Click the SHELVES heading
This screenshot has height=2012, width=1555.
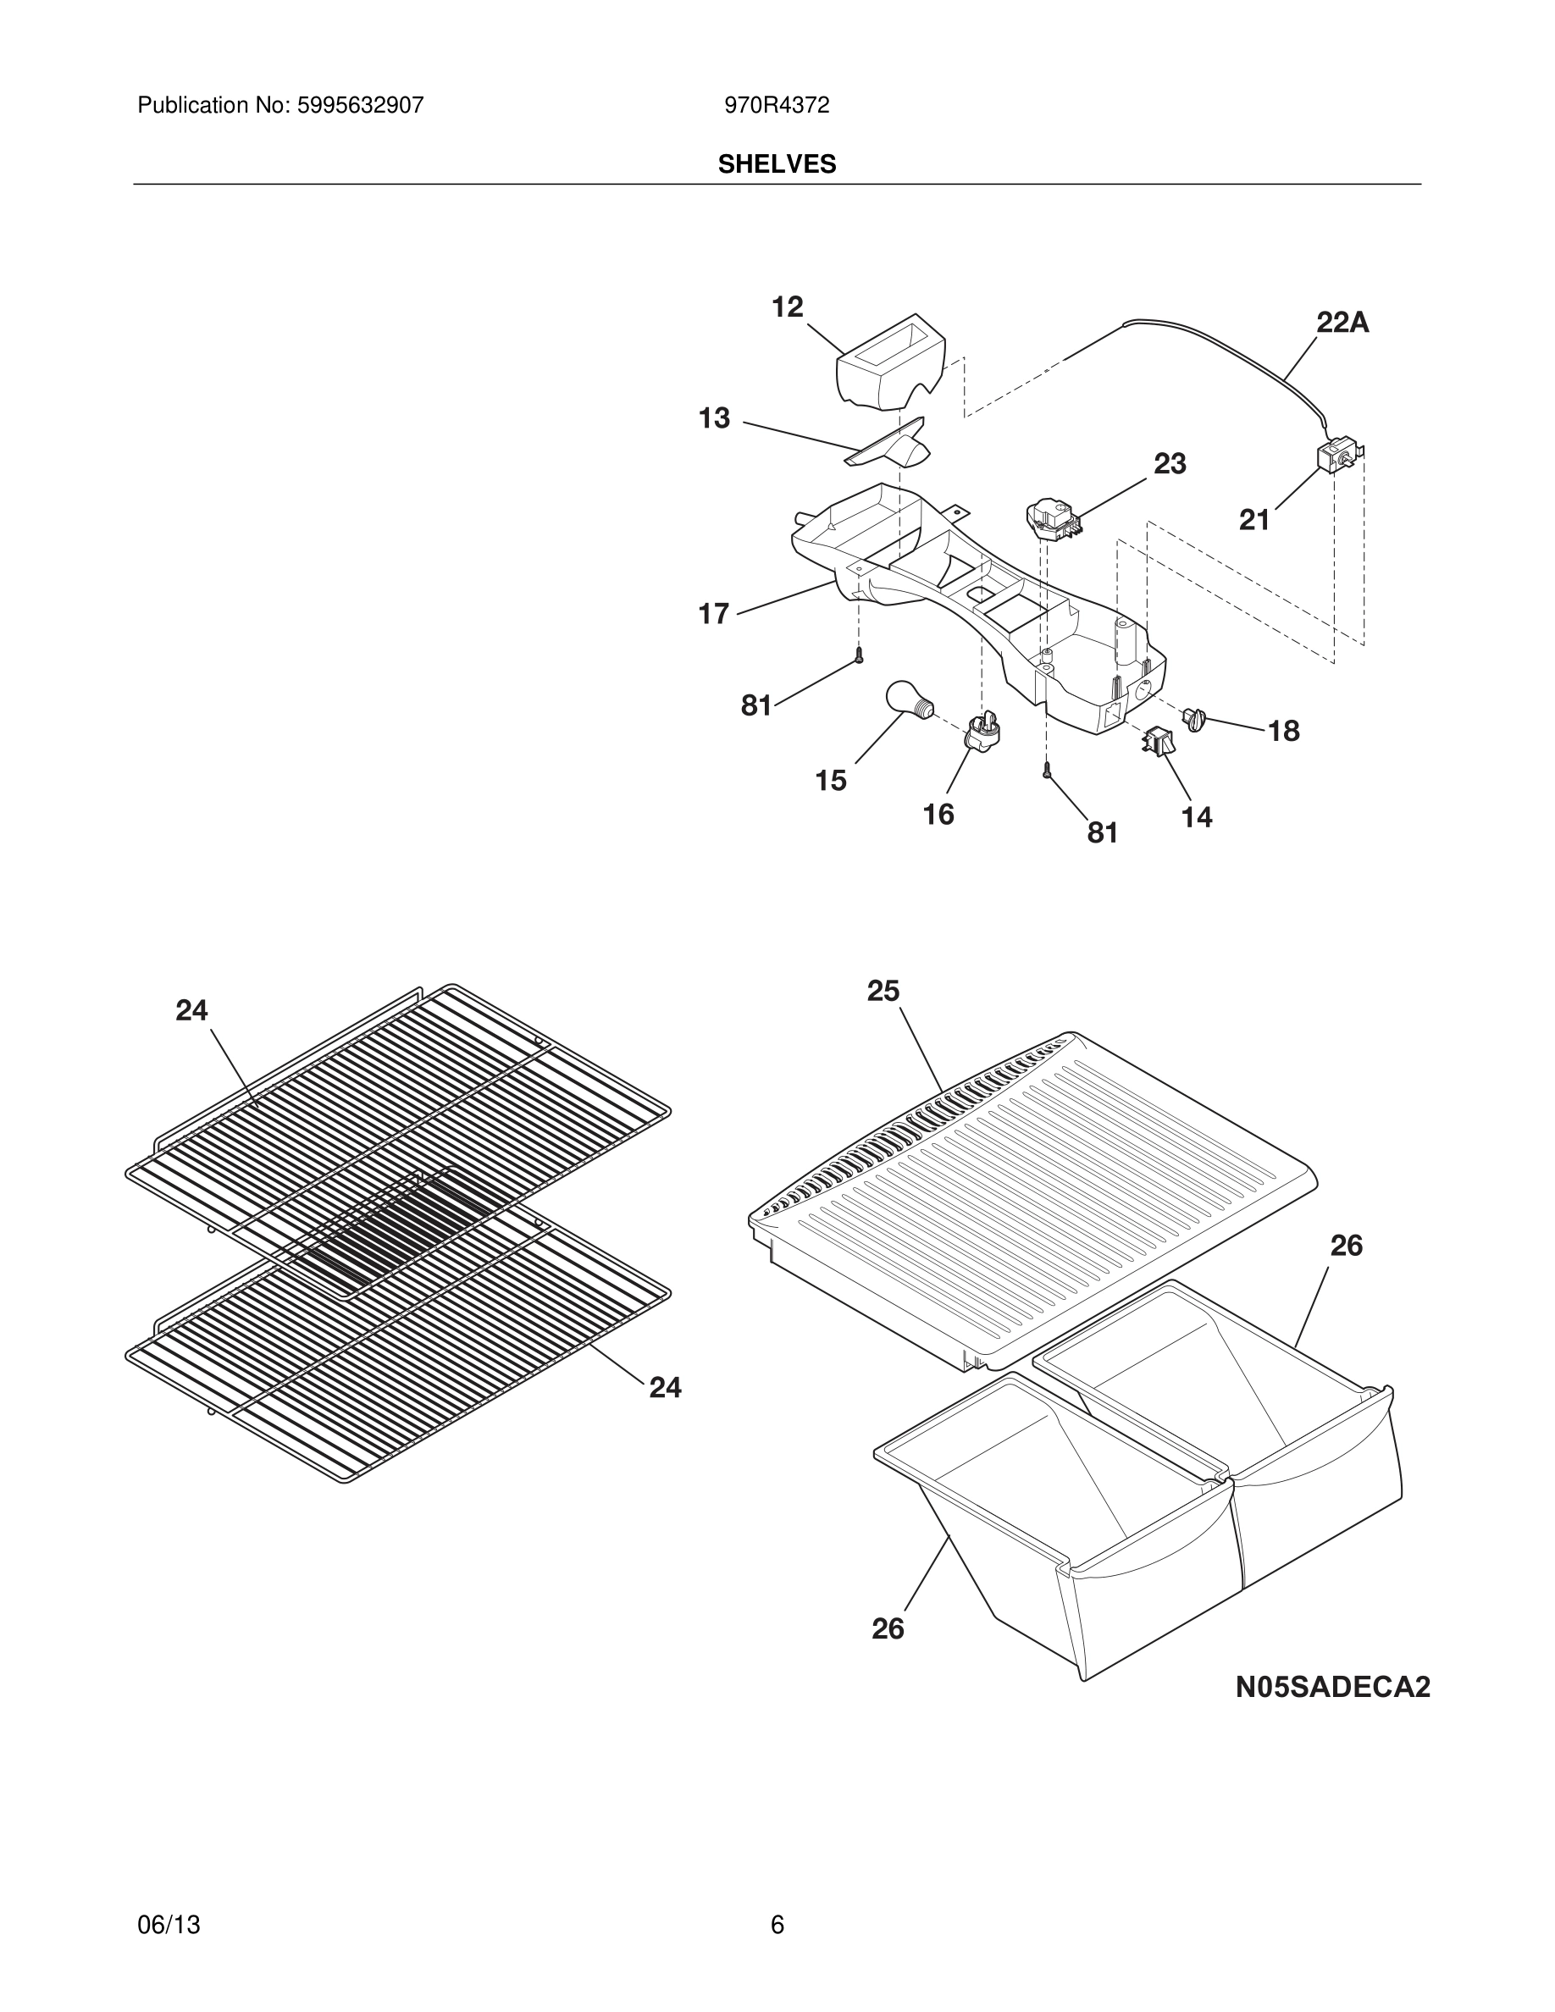click(x=777, y=164)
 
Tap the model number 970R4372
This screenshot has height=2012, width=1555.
click(x=777, y=106)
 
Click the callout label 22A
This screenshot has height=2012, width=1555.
click(x=1342, y=323)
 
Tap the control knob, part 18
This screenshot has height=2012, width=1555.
click(x=1195, y=719)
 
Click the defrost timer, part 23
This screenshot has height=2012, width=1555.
click(x=1051, y=517)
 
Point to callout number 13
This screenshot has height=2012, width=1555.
click(x=714, y=418)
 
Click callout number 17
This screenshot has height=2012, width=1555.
click(x=714, y=614)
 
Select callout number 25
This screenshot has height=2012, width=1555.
click(x=883, y=992)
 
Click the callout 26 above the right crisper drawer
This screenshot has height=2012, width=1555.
click(x=1346, y=1246)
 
